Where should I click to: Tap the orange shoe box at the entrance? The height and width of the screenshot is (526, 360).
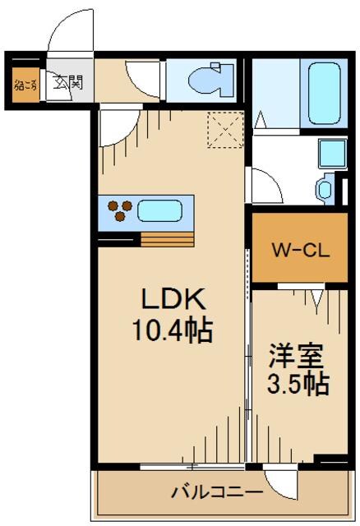pos(25,83)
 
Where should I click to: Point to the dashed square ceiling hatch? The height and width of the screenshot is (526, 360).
pos(223,130)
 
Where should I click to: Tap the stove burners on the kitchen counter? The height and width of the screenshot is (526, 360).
pos(119,210)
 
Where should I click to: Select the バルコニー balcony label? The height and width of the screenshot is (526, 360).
pos(216,492)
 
